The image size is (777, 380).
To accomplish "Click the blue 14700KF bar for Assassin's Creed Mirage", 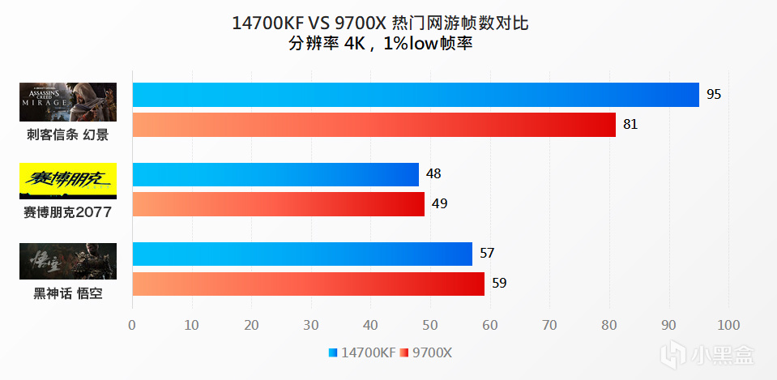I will click(415, 95).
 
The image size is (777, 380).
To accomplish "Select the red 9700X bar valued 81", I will click(374, 125).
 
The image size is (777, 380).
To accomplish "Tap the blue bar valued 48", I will click(275, 174).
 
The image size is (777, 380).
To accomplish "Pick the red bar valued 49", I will click(278, 204).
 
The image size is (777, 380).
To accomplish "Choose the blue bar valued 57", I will click(301, 254).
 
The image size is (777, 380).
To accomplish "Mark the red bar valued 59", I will click(308, 284).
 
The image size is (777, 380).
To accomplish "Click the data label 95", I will click(714, 95).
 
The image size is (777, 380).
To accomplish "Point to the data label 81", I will click(630, 125).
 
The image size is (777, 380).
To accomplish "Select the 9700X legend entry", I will click(430, 352).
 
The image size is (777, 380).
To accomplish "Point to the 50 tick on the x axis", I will click(430, 326).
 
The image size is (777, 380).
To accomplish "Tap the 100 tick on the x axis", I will click(728, 326).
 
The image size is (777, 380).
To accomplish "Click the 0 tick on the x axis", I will click(132, 326).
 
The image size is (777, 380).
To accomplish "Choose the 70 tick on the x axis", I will click(549, 326).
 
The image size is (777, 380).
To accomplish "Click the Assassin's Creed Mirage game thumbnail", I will click(68, 102).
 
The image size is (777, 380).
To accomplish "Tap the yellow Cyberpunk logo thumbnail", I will click(68, 181).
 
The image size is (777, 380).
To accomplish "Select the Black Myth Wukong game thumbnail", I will click(68, 261).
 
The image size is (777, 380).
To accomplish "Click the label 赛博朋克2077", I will click(68, 213).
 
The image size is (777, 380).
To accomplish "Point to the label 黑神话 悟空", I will click(68, 293).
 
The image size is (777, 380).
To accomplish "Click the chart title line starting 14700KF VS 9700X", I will click(380, 23).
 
